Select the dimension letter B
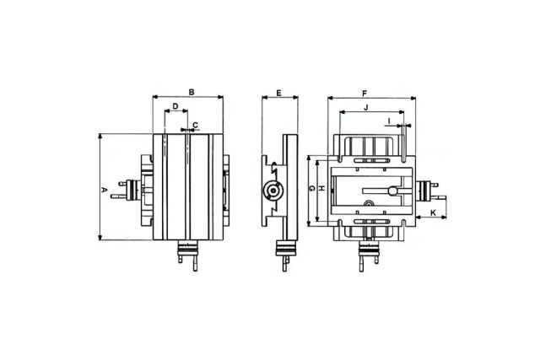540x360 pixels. pyautogui.click(x=192, y=90)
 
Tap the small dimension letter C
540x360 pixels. pyautogui.click(x=196, y=125)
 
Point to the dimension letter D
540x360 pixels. pyautogui.click(x=175, y=106)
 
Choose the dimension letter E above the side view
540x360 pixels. pyautogui.click(x=278, y=90)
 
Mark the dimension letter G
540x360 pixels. pyautogui.click(x=310, y=189)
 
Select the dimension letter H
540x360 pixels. pyautogui.click(x=321, y=189)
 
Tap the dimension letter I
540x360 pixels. pyautogui.click(x=389, y=121)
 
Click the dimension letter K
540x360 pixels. pyautogui.click(x=433, y=213)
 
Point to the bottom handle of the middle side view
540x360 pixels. pyautogui.click(x=287, y=252)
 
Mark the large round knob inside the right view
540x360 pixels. pyautogui.click(x=393, y=191)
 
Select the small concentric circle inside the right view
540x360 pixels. pyautogui.click(x=368, y=203)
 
